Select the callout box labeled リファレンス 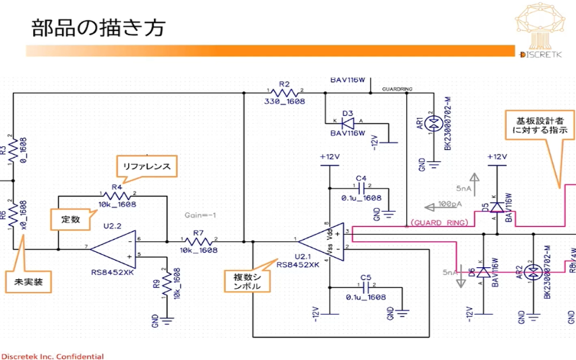coord(147,166)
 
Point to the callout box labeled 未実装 coord(29,281)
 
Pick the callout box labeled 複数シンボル coord(246,281)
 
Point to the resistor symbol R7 coord(199,240)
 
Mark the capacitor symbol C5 coord(365,288)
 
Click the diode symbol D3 coord(347,123)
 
